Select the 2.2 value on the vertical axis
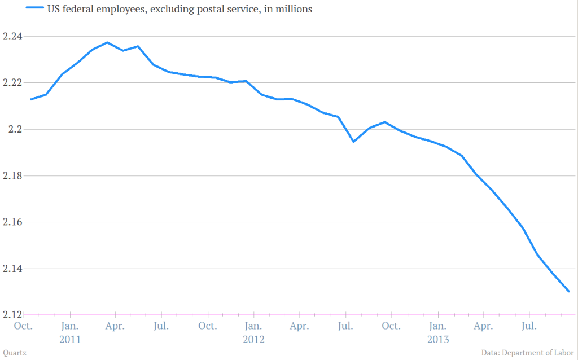(10, 129)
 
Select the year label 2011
(70, 340)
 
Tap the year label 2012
(253, 340)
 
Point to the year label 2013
(437, 340)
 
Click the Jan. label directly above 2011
(70, 326)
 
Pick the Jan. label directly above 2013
(437, 326)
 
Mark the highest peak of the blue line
(107, 42)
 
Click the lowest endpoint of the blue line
(569, 291)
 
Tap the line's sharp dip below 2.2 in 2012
(353, 141)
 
